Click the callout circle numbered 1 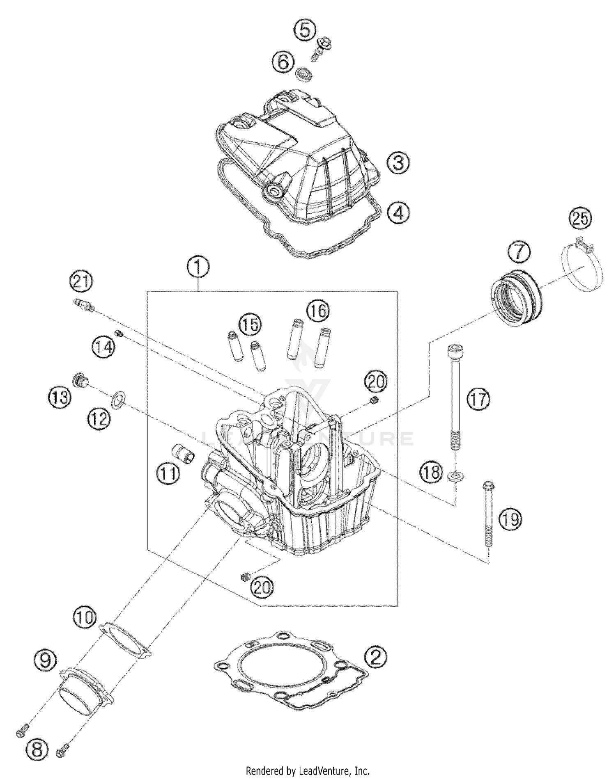198,267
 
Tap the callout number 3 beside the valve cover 398,163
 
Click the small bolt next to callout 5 322,48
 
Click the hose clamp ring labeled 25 582,267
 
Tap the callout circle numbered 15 250,324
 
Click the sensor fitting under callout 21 84,304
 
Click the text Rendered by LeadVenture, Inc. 308,771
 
